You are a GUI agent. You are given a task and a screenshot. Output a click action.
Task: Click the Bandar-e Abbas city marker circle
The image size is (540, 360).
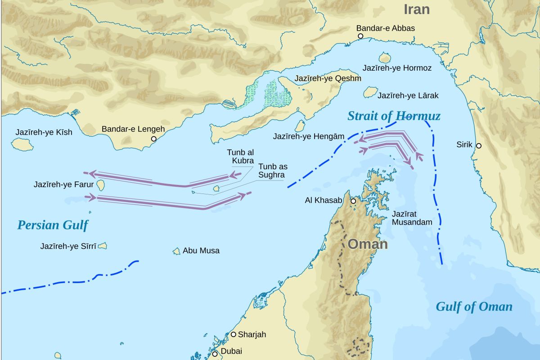360,36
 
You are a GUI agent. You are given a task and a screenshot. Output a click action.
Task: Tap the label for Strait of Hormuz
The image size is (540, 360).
394,117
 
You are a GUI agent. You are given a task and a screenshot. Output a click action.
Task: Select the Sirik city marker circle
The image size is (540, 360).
479,145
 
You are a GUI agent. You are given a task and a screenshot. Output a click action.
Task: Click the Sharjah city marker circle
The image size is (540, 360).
234,334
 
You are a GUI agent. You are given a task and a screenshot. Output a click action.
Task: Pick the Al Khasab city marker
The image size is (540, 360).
354,201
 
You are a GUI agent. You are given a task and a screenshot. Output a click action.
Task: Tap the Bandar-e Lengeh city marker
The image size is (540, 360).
154,139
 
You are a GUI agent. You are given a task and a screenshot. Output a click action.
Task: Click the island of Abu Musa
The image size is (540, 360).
176,251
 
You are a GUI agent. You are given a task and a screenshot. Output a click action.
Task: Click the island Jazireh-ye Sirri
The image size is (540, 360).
103,246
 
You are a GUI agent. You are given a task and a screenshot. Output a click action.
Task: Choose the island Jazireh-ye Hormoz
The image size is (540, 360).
384,58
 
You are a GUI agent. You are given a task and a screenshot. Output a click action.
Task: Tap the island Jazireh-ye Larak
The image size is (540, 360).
370,93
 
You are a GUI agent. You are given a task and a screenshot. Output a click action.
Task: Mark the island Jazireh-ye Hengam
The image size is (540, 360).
300,126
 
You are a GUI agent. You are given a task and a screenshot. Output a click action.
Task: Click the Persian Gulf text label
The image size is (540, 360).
53,225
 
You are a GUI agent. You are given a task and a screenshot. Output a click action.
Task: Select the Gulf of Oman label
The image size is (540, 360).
474,307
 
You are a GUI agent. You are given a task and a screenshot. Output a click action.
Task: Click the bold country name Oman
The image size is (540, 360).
368,244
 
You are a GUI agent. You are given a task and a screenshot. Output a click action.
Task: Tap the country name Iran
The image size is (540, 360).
416,9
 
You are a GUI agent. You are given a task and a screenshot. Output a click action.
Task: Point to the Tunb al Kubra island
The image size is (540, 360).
216,188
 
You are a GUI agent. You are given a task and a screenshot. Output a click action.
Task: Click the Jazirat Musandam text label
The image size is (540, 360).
412,218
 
